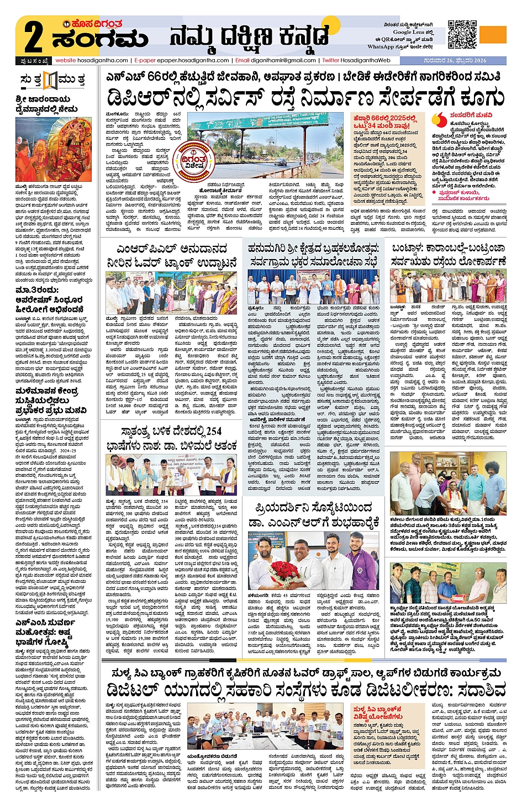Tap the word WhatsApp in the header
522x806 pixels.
(381, 47)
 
